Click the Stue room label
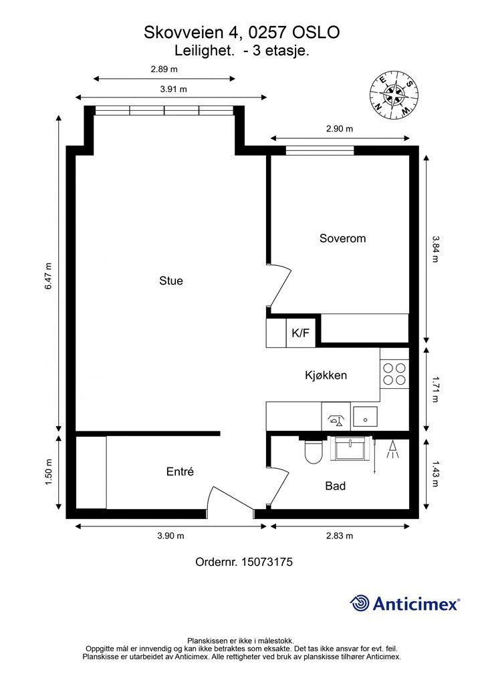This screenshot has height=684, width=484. (171, 281)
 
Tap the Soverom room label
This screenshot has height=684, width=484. (342, 238)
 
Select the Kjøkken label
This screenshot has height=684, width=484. (326, 375)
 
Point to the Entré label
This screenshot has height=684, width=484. (180, 472)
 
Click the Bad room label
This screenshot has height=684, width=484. (335, 486)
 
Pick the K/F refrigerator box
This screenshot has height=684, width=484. (301, 333)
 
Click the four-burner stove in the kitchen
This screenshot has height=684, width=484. (394, 373)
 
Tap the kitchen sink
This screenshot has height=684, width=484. (366, 416)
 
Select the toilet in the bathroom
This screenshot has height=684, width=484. (313, 452)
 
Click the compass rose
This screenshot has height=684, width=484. (394, 95)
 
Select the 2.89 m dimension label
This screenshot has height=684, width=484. (164, 69)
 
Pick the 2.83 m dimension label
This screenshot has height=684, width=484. (340, 536)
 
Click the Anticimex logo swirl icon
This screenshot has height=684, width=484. (360, 603)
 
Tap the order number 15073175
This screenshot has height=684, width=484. (267, 562)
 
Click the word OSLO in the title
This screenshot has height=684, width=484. (316, 32)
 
